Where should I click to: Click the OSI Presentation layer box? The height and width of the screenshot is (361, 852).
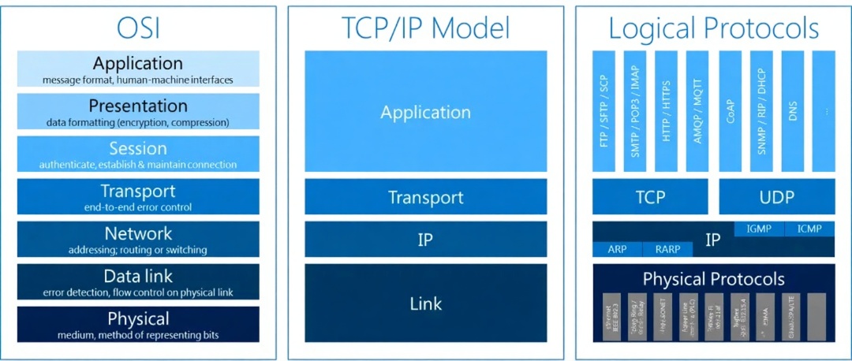138,112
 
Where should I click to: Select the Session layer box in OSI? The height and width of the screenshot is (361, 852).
138,154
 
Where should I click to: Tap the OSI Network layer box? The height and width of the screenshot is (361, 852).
138,240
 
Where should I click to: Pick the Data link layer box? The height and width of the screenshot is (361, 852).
138,282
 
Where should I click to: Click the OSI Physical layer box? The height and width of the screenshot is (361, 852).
138,325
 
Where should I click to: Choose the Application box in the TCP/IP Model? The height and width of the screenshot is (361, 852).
425,112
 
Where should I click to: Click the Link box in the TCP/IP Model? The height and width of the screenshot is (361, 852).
425,303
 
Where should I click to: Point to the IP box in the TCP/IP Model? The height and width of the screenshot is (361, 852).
425,239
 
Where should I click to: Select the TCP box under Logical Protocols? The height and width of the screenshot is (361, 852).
650,197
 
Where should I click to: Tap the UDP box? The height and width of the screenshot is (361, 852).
777,197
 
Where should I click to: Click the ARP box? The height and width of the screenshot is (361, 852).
617,249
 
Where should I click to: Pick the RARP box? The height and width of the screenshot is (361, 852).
667,249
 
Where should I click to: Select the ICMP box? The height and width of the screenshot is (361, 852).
809,229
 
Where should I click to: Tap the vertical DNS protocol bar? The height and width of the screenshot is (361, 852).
792,112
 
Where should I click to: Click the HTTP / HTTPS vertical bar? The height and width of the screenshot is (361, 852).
666,112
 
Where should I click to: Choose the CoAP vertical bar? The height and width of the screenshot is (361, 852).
730,112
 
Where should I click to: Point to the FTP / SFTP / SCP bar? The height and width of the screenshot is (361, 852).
603,112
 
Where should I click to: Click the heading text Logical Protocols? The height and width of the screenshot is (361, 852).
714,29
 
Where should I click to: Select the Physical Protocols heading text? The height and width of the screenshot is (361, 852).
714,279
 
